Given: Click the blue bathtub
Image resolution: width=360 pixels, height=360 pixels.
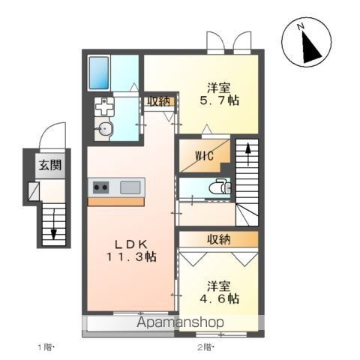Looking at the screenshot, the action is [99, 73].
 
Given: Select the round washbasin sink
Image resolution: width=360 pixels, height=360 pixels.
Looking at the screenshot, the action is [104, 130].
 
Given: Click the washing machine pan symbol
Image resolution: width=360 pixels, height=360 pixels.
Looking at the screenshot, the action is [104, 106].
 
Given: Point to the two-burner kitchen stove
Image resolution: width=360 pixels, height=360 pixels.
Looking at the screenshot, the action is [101, 187].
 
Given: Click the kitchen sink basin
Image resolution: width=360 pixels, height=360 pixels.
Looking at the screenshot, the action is [130, 187].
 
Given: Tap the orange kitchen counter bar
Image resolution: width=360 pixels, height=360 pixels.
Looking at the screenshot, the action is [116, 202].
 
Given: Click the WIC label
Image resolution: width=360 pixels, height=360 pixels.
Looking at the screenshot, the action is [205, 156].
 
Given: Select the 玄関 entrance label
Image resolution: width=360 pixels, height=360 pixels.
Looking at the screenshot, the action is [50, 165].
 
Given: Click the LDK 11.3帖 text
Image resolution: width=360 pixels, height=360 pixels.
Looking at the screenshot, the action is [131, 250].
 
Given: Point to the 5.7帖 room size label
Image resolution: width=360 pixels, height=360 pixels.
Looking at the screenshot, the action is [219, 100].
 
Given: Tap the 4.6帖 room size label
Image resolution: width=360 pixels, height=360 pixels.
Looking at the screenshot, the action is [219, 298].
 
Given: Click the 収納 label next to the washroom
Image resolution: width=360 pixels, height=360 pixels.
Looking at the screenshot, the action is [158, 101].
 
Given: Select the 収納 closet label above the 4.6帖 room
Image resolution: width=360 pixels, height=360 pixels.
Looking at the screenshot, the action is [219, 239].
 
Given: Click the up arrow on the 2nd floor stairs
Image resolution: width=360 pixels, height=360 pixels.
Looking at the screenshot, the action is [247, 154].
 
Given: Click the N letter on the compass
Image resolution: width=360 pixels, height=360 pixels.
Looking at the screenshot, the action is [301, 26].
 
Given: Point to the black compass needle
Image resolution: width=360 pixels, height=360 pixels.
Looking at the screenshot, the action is [310, 47].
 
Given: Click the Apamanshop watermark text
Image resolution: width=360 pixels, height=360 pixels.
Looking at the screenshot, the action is [180, 322].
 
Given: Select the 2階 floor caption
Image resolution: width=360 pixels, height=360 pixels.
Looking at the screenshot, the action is [206, 347].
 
